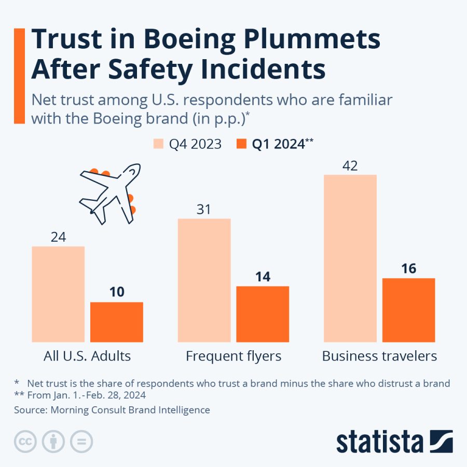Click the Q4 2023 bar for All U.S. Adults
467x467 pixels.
pyautogui.click(x=58, y=294)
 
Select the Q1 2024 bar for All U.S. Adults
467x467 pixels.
pyautogui.click(x=117, y=322)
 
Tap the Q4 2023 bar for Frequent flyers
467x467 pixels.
pyautogui.click(x=204, y=280)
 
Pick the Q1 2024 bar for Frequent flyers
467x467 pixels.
pyautogui.click(x=263, y=314)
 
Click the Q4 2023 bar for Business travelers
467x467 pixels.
pyautogui.click(x=350, y=258)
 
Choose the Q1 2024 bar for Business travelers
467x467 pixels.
pyautogui.click(x=409, y=310)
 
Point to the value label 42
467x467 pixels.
pyautogui.click(x=350, y=166)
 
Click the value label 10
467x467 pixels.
pyautogui.click(x=117, y=292)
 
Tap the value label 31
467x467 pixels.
pyautogui.click(x=204, y=210)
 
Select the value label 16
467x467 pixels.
pyautogui.click(x=409, y=269)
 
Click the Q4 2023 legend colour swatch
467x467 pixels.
pyautogui.click(x=158, y=144)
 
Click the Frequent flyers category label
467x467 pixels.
pyautogui.click(x=233, y=356)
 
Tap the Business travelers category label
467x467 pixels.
pyautogui.click(x=379, y=356)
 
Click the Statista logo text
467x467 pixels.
pyautogui.click(x=379, y=442)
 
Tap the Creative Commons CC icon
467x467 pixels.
pyautogui.click(x=24, y=442)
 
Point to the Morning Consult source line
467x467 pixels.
pyautogui.click(x=112, y=410)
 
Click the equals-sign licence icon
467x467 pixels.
pyautogui.click(x=81, y=442)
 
